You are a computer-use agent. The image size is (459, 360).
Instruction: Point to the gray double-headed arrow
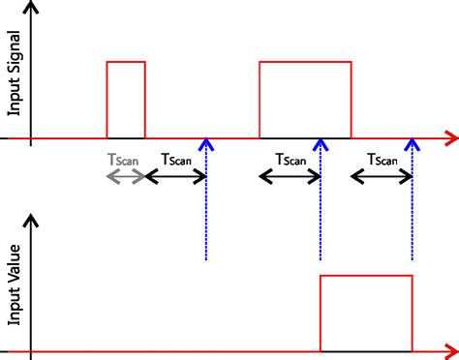(125, 176)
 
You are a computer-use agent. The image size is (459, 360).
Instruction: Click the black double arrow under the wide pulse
(290, 176)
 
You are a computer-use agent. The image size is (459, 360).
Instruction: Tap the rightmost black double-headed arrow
(382, 176)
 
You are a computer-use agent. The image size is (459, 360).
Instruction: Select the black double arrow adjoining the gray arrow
(175, 176)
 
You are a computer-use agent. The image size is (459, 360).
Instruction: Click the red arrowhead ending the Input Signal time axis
(451, 139)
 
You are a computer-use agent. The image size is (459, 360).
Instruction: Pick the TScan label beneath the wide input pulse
(291, 160)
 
